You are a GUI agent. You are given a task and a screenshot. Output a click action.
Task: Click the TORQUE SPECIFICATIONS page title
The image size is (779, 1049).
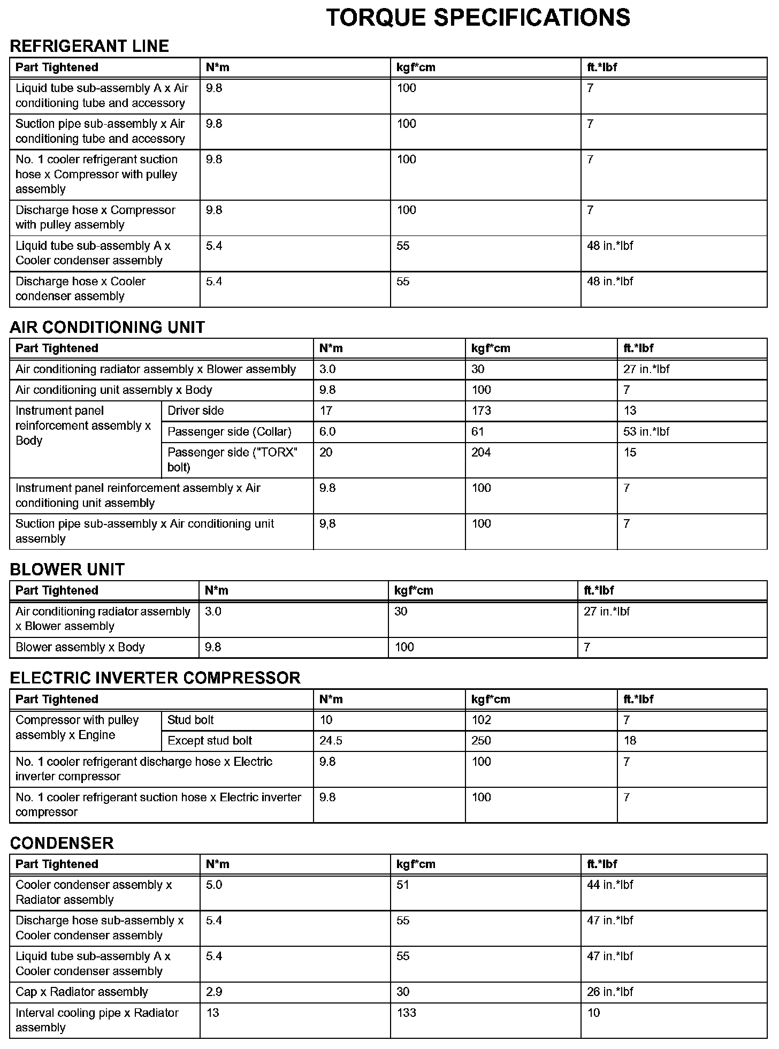pyautogui.click(x=478, y=18)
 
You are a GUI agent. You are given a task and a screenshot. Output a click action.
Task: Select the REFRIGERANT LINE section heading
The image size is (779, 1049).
pyautogui.click(x=89, y=47)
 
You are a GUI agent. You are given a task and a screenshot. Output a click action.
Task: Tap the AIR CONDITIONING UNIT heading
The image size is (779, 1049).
pyautogui.click(x=107, y=327)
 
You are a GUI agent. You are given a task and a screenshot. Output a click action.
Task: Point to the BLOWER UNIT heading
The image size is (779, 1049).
pyautogui.click(x=67, y=569)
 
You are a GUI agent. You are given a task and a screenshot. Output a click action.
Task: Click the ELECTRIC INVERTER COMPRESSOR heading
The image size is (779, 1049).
pyautogui.click(x=155, y=678)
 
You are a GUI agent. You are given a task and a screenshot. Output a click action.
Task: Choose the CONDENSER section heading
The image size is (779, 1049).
pyautogui.click(x=62, y=843)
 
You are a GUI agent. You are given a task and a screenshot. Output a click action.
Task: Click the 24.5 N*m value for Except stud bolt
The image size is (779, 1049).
pyautogui.click(x=331, y=741)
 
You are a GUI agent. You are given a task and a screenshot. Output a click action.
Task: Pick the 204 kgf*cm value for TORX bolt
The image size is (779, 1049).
pyautogui.click(x=481, y=452)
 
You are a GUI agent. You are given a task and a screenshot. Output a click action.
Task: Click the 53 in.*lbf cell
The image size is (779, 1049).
pyautogui.click(x=646, y=431)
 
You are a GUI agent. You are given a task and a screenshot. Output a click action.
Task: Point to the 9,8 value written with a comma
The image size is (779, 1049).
pyautogui.click(x=327, y=523)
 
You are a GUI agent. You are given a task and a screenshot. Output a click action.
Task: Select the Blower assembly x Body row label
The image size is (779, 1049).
pyautogui.click(x=80, y=647)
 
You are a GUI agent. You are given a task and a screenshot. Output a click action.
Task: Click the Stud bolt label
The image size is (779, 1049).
pyautogui.click(x=190, y=720)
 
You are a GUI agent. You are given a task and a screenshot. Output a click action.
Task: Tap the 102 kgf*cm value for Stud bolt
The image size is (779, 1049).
pyautogui.click(x=481, y=720)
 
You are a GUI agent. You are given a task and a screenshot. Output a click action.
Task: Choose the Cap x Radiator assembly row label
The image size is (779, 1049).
pyautogui.click(x=81, y=992)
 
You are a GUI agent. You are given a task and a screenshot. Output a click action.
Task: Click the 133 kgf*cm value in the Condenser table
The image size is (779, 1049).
pyautogui.click(x=406, y=1013)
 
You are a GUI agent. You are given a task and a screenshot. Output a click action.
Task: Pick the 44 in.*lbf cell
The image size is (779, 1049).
pyautogui.click(x=609, y=885)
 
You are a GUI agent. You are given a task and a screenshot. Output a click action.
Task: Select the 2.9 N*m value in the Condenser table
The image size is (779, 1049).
pyautogui.click(x=214, y=992)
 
